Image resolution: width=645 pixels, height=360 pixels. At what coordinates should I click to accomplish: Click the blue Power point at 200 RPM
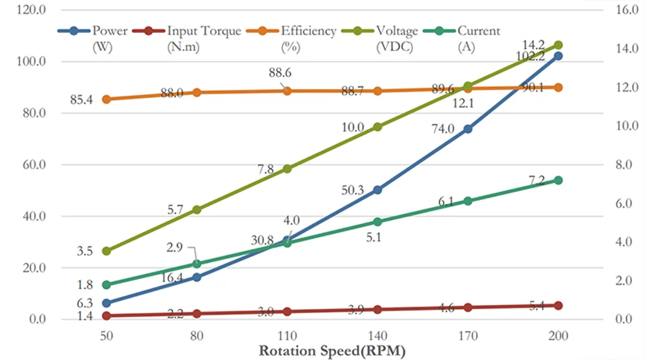559,56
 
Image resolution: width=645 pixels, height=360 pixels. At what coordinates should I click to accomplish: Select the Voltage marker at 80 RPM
197,210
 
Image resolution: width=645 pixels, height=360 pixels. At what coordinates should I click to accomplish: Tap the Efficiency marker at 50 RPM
106,99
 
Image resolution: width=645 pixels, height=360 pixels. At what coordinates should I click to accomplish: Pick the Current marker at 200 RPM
559,181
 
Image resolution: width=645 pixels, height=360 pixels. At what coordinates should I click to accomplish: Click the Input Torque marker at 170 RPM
468,308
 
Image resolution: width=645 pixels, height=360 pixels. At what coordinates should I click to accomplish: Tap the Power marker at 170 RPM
468,129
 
